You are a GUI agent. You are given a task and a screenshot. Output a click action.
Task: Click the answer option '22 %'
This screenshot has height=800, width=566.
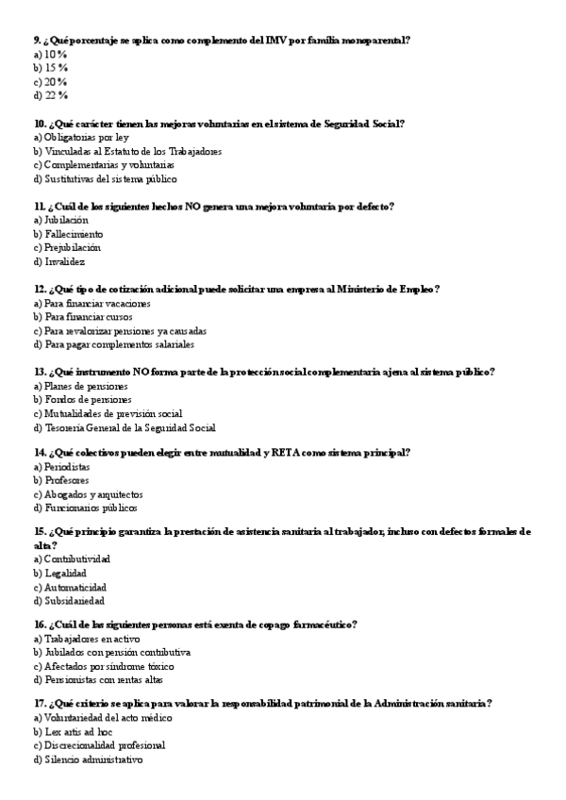point(56,95)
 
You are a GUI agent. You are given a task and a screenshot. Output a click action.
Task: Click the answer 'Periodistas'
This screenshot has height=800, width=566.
point(67,467)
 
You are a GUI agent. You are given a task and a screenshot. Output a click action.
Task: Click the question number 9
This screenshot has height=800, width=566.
point(37,40)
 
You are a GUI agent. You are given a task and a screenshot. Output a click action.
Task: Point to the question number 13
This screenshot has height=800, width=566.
point(40,372)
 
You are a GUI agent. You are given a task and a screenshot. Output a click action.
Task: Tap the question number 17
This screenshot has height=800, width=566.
point(40,704)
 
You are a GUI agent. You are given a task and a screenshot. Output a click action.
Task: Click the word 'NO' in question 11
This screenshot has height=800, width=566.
point(178,206)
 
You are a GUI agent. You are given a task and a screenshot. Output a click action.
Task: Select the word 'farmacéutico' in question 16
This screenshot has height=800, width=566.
point(321,625)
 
